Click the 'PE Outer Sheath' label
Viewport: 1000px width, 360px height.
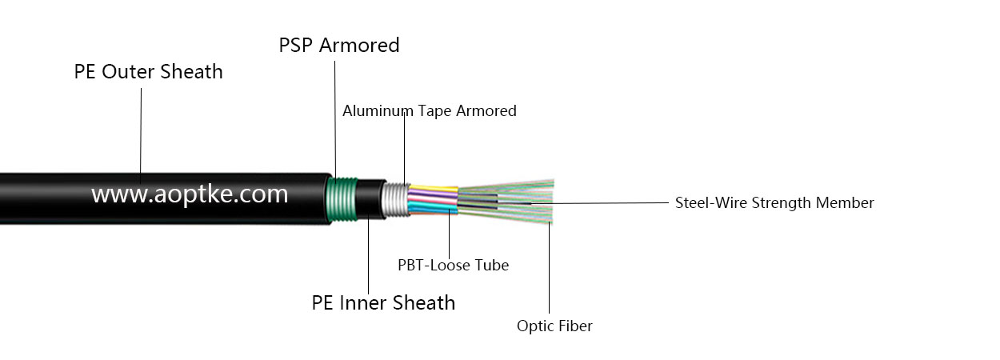[148, 72]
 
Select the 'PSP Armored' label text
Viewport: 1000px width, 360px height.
[338, 46]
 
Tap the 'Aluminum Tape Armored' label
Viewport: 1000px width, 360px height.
[429, 111]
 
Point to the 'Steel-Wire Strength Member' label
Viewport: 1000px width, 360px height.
[774, 203]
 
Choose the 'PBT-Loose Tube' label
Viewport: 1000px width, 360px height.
[453, 265]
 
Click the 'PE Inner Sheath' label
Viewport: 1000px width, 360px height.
[382, 303]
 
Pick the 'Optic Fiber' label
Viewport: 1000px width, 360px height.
[554, 326]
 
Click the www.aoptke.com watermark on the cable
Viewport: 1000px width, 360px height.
[189, 194]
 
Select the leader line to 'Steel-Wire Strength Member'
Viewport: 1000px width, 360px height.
[608, 203]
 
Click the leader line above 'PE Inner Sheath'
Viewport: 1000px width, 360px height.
[368, 256]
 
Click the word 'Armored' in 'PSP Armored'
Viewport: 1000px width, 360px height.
[359, 46]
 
